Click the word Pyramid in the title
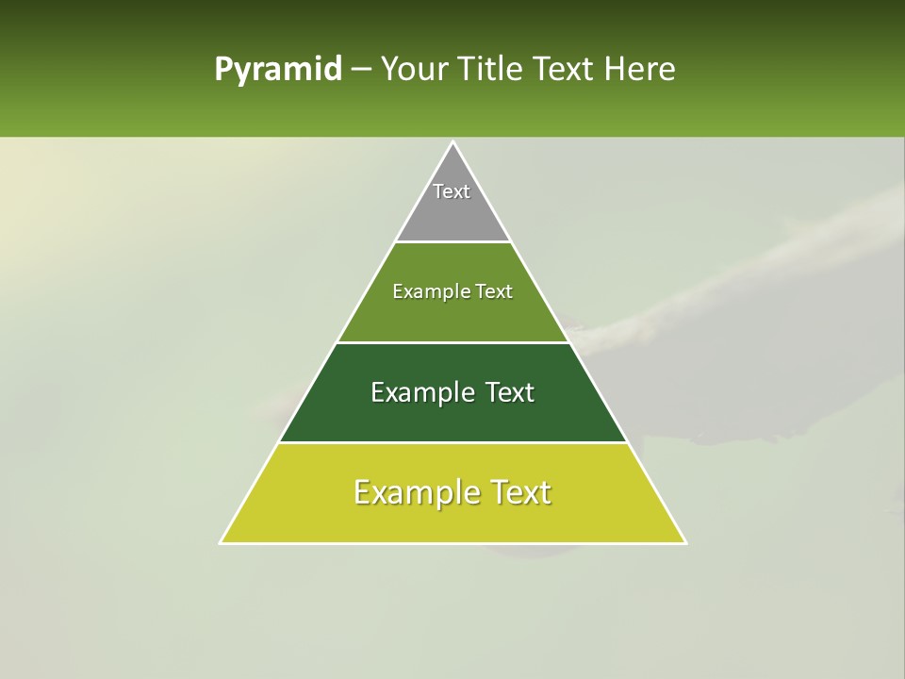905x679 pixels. click(277, 70)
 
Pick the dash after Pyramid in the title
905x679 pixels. click(360, 70)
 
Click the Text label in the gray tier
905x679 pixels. click(452, 191)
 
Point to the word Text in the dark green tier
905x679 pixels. click(510, 392)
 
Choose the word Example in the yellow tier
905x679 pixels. click(415, 492)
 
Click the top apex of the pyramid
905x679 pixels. click(453, 142)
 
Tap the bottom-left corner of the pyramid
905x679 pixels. click(222, 542)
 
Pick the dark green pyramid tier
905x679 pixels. click(453, 421)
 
